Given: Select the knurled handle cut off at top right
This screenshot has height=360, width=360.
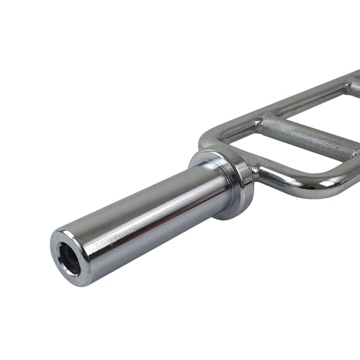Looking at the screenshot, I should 354,88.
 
